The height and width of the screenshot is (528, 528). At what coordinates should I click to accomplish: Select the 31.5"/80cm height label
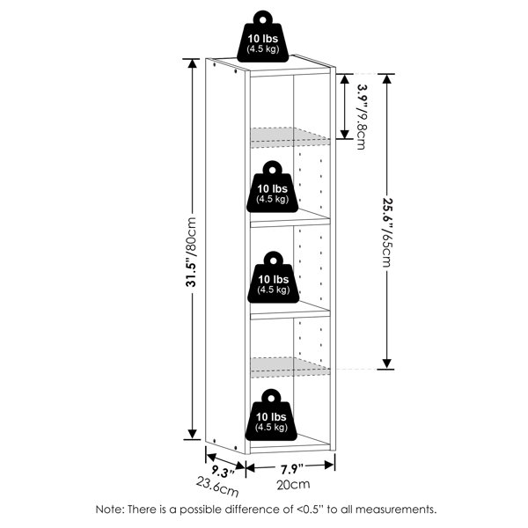[191, 252]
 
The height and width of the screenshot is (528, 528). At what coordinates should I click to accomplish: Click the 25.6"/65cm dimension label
[387, 232]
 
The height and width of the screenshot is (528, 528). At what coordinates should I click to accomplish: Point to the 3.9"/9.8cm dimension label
[362, 116]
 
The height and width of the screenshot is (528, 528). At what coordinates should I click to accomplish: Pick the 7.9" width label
[291, 469]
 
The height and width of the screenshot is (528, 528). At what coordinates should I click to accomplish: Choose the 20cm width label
[293, 485]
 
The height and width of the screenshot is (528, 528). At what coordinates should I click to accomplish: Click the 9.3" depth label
[223, 472]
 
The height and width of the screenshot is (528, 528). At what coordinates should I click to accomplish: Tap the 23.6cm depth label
[217, 487]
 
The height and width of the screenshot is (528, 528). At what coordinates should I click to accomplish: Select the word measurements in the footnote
[396, 510]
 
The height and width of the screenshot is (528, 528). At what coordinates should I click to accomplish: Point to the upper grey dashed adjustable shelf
[290, 137]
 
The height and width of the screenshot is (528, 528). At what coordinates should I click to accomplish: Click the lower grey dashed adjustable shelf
[290, 367]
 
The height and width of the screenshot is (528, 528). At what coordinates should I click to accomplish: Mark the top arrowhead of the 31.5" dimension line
[192, 63]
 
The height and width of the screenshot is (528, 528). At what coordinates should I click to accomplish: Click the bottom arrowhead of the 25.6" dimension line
[387, 364]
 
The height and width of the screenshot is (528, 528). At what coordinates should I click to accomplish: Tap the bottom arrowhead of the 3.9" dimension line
[345, 134]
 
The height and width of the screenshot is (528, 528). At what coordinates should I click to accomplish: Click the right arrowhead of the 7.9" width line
[329, 466]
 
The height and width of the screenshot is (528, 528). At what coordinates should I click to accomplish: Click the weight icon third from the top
[274, 277]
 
